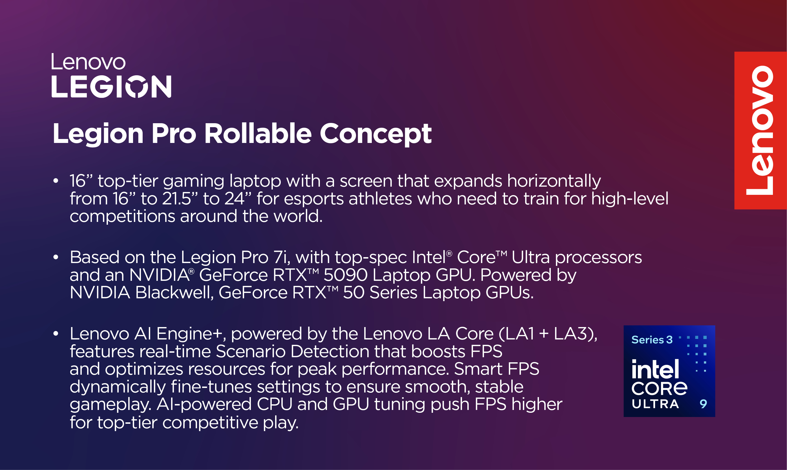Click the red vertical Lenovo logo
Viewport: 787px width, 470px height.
[x=761, y=131]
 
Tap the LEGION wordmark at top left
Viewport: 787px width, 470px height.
[x=111, y=87]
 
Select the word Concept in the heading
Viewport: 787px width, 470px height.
[x=375, y=134]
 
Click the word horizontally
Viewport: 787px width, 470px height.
[x=554, y=181]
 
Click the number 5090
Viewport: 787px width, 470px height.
[x=345, y=275]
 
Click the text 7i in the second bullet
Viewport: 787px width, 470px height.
[x=281, y=257]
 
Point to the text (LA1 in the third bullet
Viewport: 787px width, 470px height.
[x=516, y=334]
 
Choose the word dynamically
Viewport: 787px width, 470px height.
[x=118, y=387]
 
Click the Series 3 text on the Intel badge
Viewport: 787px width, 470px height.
[x=652, y=340]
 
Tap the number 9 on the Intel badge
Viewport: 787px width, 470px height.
[x=703, y=404]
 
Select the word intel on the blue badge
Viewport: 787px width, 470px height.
[x=655, y=369]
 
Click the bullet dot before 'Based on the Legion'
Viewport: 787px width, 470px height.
[x=56, y=257]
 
